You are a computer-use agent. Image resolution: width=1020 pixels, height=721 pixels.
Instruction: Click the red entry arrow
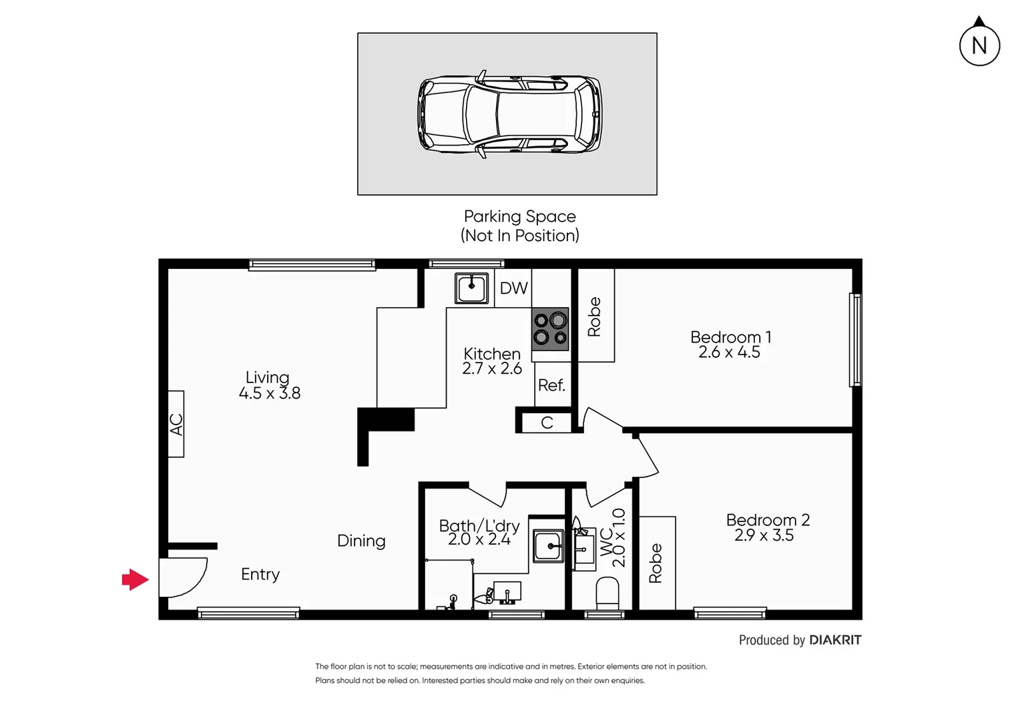[x=135, y=579]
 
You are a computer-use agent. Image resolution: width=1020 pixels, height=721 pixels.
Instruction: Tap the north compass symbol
[x=979, y=45]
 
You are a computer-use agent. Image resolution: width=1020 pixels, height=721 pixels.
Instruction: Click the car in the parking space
[x=509, y=114]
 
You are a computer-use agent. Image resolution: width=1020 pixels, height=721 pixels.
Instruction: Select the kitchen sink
[x=471, y=288]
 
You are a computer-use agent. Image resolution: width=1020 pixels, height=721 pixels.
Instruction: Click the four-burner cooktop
[x=550, y=329]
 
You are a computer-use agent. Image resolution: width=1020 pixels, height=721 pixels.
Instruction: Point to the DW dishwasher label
[x=513, y=288]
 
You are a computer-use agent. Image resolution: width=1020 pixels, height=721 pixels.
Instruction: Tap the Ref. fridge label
[x=551, y=385]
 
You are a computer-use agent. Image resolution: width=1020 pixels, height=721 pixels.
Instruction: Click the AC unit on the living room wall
[x=176, y=424]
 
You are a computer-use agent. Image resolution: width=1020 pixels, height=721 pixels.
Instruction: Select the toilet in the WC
[x=607, y=593]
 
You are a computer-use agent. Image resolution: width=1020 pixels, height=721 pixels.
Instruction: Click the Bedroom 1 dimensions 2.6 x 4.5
[x=729, y=352]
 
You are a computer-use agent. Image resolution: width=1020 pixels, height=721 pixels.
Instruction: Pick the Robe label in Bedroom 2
[x=656, y=563]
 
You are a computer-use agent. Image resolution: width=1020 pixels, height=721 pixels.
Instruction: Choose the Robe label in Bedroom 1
[x=594, y=316]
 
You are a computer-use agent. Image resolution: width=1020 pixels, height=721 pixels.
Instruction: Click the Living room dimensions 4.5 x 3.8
[x=270, y=393]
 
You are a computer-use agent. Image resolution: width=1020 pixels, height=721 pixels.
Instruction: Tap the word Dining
[x=361, y=541]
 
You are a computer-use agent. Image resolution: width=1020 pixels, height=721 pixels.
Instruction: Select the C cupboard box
[x=546, y=423]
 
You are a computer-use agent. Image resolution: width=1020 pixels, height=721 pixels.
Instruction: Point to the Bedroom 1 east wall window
[x=855, y=339]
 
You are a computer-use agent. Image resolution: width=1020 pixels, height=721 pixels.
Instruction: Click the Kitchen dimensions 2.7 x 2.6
[x=492, y=369]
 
